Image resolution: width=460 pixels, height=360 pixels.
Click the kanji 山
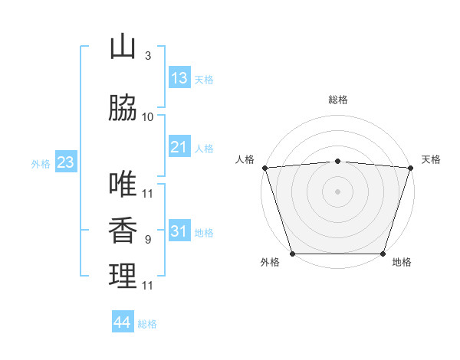click(123, 47)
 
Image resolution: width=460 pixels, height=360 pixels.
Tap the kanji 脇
click(123, 109)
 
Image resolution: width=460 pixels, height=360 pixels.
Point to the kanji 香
click(123, 231)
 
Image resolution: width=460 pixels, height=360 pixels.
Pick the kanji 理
click(123, 277)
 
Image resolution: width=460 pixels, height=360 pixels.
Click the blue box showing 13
click(179, 78)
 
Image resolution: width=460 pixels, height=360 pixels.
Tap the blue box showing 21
click(179, 147)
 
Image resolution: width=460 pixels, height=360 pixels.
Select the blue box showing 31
click(179, 231)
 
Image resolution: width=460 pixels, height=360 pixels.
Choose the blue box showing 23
click(65, 162)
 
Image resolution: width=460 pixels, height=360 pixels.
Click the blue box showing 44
click(123, 322)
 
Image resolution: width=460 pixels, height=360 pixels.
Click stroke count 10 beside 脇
click(148, 117)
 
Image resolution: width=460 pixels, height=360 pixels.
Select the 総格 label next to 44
click(147, 324)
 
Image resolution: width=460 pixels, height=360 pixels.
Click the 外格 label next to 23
click(41, 163)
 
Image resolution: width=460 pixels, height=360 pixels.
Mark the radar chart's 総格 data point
click(337, 161)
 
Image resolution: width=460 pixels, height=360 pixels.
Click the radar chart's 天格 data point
click(410, 168)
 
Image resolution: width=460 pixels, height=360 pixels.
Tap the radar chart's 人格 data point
click(264, 168)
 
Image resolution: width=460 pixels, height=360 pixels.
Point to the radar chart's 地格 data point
click(383, 254)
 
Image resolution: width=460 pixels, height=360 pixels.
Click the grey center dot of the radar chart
click(337, 191)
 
